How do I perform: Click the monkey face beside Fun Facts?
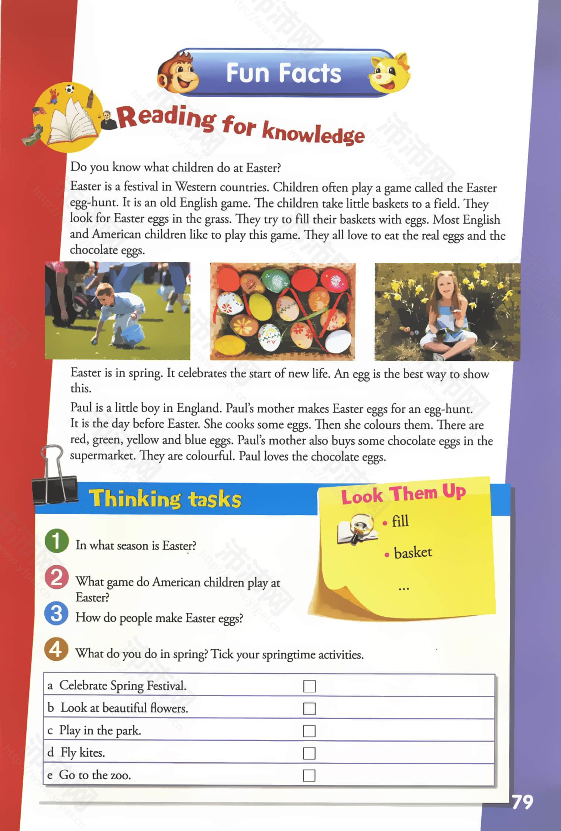point(179,73)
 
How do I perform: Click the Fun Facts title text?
point(283,73)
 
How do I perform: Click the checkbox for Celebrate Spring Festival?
point(309,686)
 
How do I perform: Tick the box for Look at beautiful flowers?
point(309,708)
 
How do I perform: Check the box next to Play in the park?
point(309,731)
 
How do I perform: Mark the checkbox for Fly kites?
point(309,753)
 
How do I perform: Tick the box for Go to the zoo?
point(309,775)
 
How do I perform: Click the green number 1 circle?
point(56,541)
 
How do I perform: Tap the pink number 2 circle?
point(56,577)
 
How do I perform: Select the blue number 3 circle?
point(56,613)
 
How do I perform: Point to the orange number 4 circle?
point(56,649)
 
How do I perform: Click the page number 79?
point(523,802)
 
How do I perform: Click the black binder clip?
point(54,480)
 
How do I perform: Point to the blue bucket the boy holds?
point(133,334)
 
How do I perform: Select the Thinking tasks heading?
point(165,499)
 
